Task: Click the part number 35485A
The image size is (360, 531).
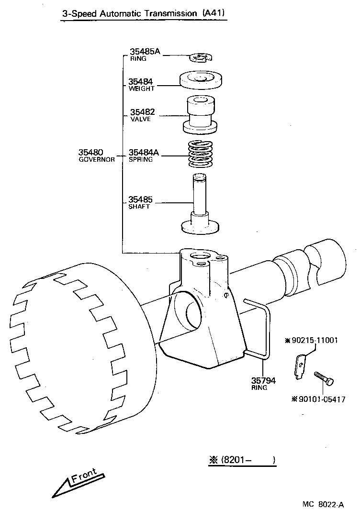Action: pos(144,52)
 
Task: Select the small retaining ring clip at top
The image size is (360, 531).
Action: pos(200,58)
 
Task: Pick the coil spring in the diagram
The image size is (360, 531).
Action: pos(200,155)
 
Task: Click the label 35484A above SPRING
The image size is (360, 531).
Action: pos(143,153)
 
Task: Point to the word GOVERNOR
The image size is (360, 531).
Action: pos(97,160)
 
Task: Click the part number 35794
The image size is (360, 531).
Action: pos(263,381)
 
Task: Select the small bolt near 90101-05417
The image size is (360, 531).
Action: pos(324,377)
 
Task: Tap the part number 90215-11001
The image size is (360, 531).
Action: pos(314,341)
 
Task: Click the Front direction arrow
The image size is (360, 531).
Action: pos(77,482)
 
